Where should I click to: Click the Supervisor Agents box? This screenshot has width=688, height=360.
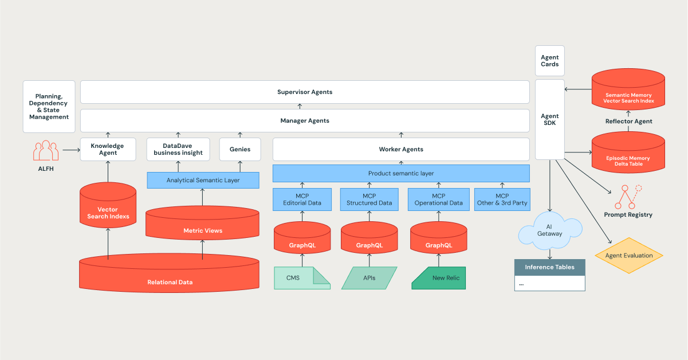[x=305, y=92]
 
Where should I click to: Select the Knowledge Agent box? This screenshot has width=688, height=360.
[x=108, y=149]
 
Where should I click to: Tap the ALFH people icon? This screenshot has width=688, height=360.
[x=46, y=151]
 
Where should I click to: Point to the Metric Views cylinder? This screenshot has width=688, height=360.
[x=203, y=226]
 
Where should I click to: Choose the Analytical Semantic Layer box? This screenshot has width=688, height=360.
[x=203, y=180]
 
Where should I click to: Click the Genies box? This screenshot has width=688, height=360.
[x=240, y=149]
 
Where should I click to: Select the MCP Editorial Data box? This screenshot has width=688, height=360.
[x=302, y=199]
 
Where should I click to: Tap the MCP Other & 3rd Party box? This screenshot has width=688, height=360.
[x=502, y=199]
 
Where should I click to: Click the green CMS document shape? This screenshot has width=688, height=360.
[x=302, y=278]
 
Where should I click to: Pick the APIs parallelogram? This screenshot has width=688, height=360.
[x=369, y=278]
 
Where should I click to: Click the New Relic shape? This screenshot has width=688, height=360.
[x=439, y=278]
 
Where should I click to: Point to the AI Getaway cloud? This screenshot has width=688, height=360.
[x=550, y=230]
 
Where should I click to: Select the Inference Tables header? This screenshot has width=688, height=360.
[x=549, y=267]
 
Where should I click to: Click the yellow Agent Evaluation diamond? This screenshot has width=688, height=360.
[x=629, y=255]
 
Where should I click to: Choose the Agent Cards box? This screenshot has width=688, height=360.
[x=550, y=61]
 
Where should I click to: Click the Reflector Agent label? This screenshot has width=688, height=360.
[x=628, y=121]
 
